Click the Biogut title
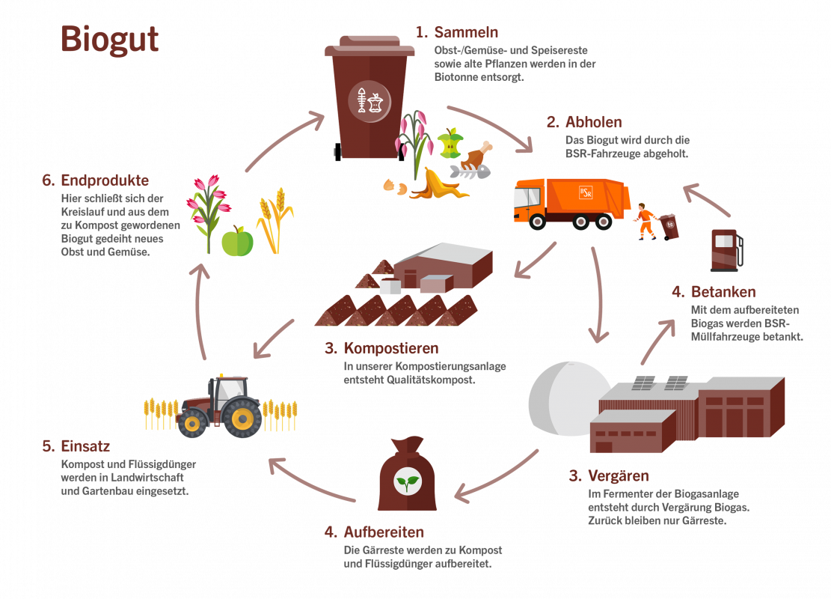(109, 39)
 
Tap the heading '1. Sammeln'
(457, 32)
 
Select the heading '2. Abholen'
(584, 122)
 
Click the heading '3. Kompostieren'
(381, 348)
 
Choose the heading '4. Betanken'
(713, 292)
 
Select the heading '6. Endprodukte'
(95, 180)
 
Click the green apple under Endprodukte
(237, 241)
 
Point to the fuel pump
(725, 249)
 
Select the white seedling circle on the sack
(407, 481)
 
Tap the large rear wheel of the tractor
(242, 418)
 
